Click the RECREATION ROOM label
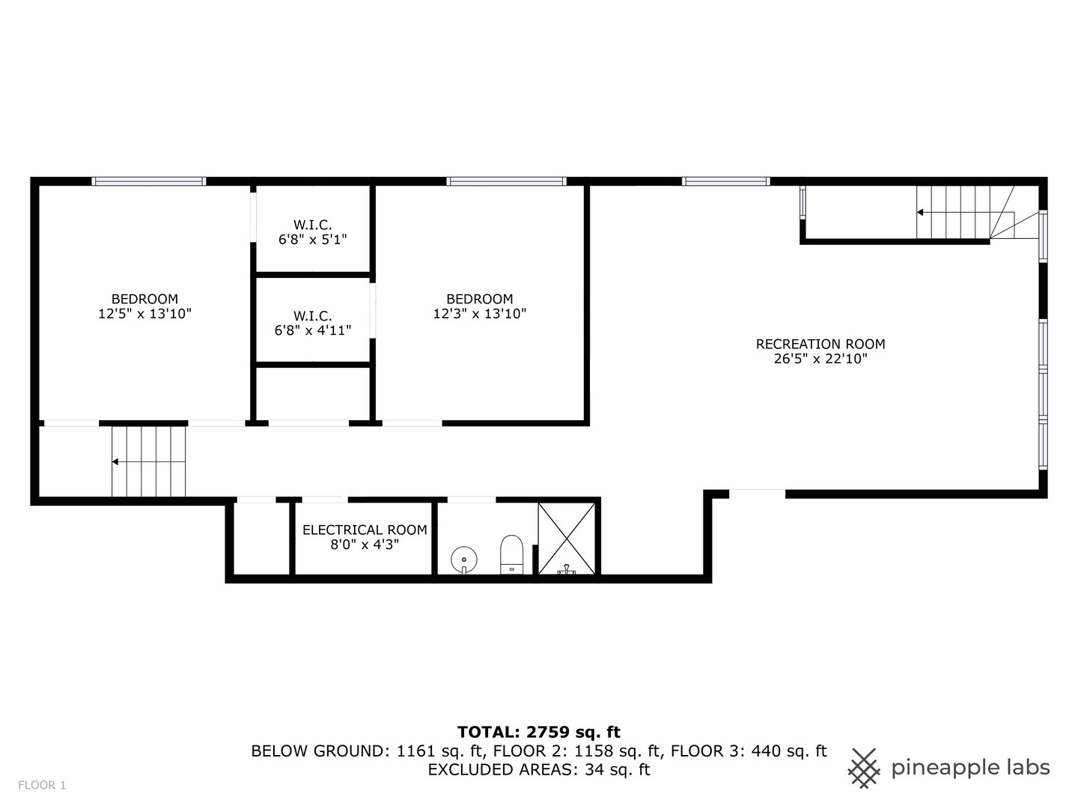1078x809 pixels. click(820, 345)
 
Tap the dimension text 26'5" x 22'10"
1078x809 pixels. click(820, 360)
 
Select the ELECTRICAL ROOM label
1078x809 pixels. click(365, 530)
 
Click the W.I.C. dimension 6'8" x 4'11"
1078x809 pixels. click(313, 330)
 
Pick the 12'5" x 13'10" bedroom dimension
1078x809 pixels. click(144, 315)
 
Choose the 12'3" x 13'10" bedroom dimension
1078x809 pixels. click(480, 315)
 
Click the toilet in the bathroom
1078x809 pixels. click(511, 553)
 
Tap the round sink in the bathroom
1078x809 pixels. click(464, 559)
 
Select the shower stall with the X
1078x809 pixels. click(567, 538)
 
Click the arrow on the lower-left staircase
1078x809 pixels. click(116, 461)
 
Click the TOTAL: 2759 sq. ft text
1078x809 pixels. click(538, 732)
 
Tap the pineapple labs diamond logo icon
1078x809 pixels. click(864, 767)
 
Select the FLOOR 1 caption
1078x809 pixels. click(42, 785)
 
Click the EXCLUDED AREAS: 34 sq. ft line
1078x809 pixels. click(538, 769)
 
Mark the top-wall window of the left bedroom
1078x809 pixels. click(148, 181)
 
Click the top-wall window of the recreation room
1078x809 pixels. click(725, 181)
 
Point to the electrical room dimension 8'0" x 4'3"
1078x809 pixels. click(365, 545)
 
